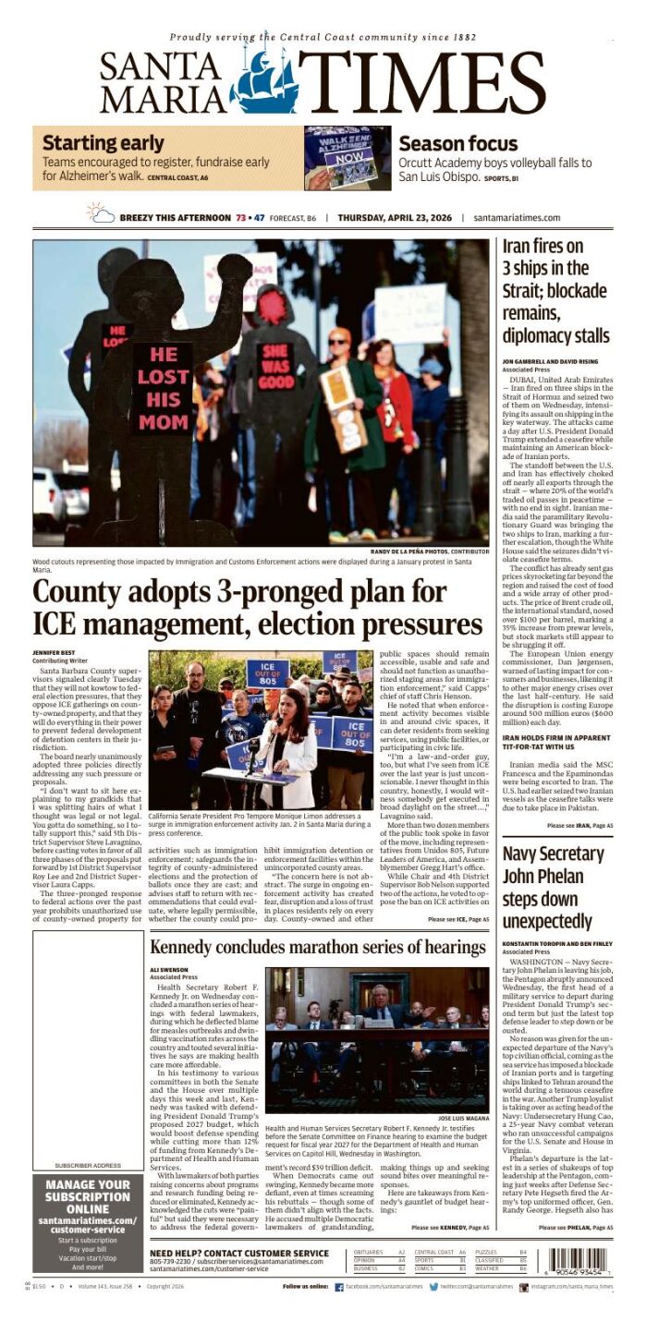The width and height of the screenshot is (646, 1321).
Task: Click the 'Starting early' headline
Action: click(x=103, y=143)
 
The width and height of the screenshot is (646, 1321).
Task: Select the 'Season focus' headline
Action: click(x=457, y=144)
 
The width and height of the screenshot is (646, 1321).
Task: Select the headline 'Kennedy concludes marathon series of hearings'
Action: click(x=318, y=948)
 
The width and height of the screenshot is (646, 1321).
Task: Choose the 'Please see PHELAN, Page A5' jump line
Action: click(x=577, y=1228)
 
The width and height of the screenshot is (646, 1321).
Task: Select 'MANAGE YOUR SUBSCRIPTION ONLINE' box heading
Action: click(x=87, y=1196)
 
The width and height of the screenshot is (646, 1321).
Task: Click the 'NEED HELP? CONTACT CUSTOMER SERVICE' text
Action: click(x=238, y=1254)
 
